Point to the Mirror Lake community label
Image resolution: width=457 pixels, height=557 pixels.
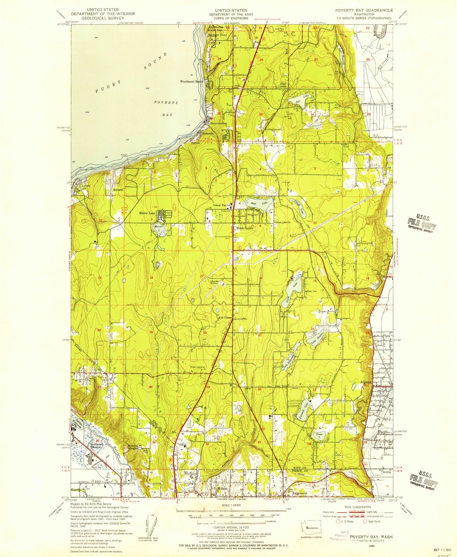(148, 213)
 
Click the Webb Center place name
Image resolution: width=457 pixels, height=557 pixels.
(245, 228)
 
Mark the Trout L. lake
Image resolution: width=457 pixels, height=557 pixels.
(319, 435)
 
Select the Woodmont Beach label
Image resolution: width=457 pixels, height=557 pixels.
(191, 82)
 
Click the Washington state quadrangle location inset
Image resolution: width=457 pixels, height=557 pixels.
(312, 528)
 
